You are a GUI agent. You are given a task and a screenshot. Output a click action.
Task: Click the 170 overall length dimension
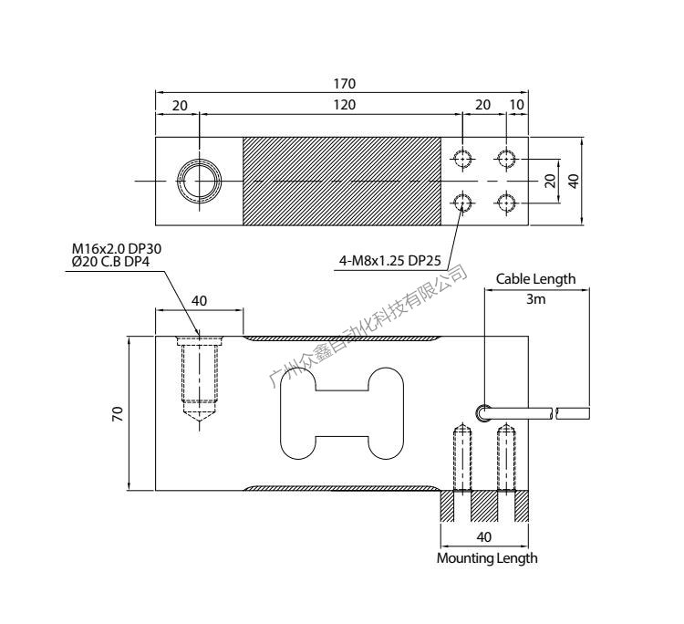click(x=344, y=83)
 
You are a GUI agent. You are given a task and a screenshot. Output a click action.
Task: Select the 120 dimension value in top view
click(x=344, y=105)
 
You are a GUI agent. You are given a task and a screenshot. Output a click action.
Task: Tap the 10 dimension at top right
click(x=517, y=105)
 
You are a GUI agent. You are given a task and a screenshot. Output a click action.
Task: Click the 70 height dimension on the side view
click(x=118, y=413)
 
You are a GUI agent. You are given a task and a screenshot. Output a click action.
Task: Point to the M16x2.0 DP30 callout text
click(x=117, y=248)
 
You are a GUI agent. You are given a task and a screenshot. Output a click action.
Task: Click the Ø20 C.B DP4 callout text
click(x=110, y=262)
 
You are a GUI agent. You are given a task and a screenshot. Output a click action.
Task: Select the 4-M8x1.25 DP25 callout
click(x=389, y=262)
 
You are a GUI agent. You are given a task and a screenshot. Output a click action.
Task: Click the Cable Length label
click(x=535, y=279)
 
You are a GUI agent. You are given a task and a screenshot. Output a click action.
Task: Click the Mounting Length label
click(x=487, y=557)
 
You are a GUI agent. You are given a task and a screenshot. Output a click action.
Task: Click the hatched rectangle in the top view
click(x=341, y=181)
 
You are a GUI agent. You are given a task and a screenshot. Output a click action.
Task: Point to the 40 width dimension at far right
click(x=574, y=181)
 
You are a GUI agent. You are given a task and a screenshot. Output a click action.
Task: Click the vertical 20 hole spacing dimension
click(x=550, y=181)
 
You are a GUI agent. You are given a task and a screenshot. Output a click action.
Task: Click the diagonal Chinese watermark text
click(x=369, y=327)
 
